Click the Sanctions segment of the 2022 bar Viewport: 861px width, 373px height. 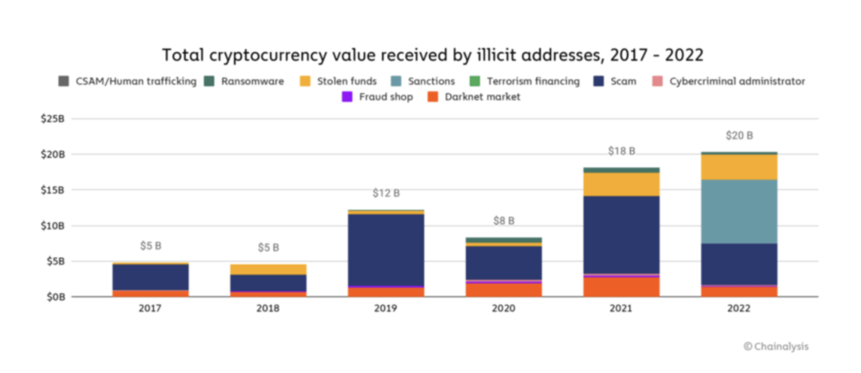739,211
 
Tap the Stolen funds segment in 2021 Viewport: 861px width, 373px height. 621,184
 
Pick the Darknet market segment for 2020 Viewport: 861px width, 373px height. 504,290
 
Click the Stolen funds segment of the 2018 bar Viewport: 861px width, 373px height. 268,269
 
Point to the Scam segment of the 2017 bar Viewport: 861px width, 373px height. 151,277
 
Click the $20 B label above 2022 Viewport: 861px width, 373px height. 739,135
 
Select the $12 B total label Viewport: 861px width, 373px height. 386,193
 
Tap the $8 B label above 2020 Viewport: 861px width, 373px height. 504,221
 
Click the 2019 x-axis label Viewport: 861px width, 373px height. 386,309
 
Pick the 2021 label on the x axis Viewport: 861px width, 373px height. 621,309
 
